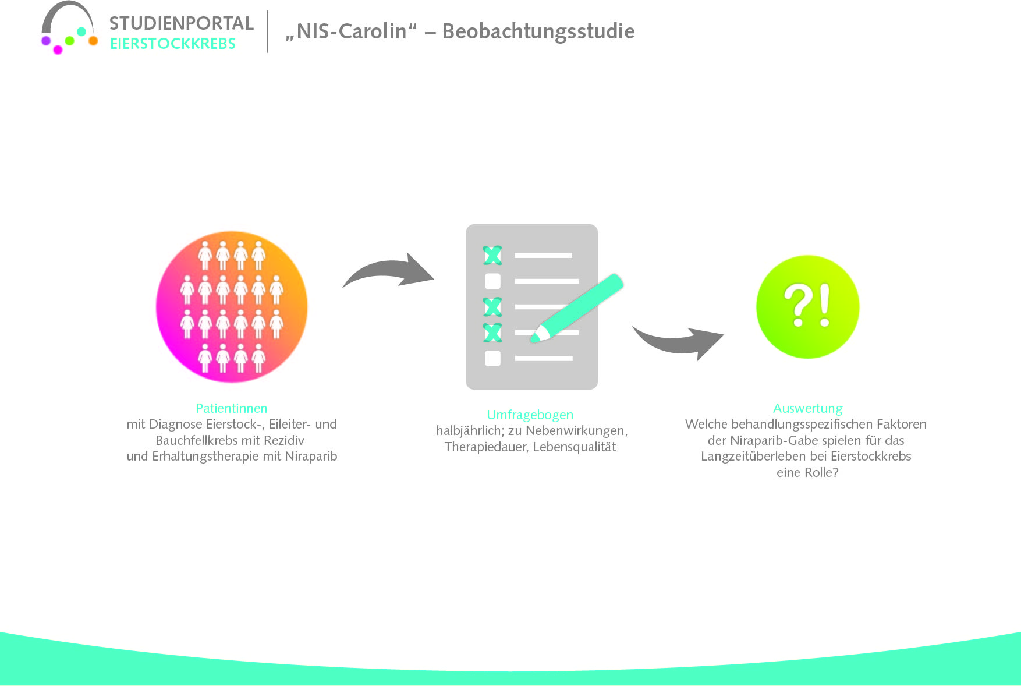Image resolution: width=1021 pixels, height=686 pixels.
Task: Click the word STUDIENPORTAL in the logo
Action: point(181,23)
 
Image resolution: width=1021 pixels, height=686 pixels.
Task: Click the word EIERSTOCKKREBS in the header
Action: point(172,44)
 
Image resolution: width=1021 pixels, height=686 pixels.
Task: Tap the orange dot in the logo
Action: point(93,41)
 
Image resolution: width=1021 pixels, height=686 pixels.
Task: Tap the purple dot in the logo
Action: point(46,40)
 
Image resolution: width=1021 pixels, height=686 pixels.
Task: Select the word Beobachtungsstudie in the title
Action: point(538,31)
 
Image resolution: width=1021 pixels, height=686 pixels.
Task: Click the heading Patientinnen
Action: point(231,408)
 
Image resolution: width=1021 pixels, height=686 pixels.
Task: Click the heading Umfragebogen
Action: point(530,415)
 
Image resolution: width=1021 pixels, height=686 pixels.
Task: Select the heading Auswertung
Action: point(807,408)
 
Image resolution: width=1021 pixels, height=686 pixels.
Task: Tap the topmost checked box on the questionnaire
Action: point(492,255)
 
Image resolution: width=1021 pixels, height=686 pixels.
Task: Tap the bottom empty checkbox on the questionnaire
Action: point(492,358)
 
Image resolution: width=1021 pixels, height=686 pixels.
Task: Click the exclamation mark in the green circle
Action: point(824,305)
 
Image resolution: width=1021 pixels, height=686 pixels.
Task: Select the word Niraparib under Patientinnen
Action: point(311,456)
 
